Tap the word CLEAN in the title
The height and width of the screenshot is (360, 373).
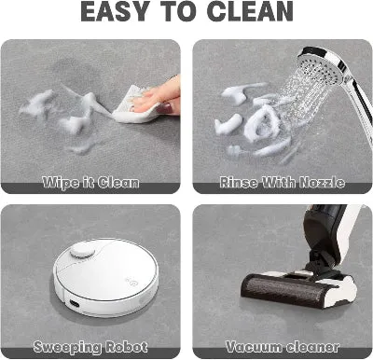click(x=250, y=11)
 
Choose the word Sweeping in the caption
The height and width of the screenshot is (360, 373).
click(x=67, y=347)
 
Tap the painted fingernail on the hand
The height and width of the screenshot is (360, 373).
click(x=164, y=108)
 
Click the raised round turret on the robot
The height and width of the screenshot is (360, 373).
click(x=82, y=250)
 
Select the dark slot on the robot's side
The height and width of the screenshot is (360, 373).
click(x=75, y=302)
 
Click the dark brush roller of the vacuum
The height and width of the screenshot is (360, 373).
click(x=283, y=288)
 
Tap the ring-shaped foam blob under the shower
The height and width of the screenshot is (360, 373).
click(x=262, y=122)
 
